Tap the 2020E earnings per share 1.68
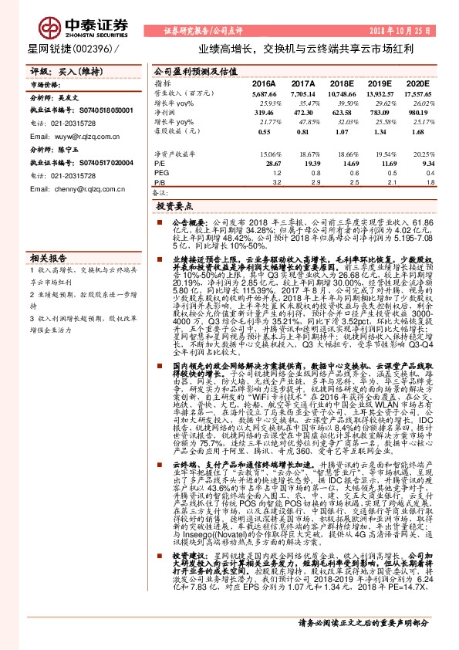(x=421, y=132)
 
